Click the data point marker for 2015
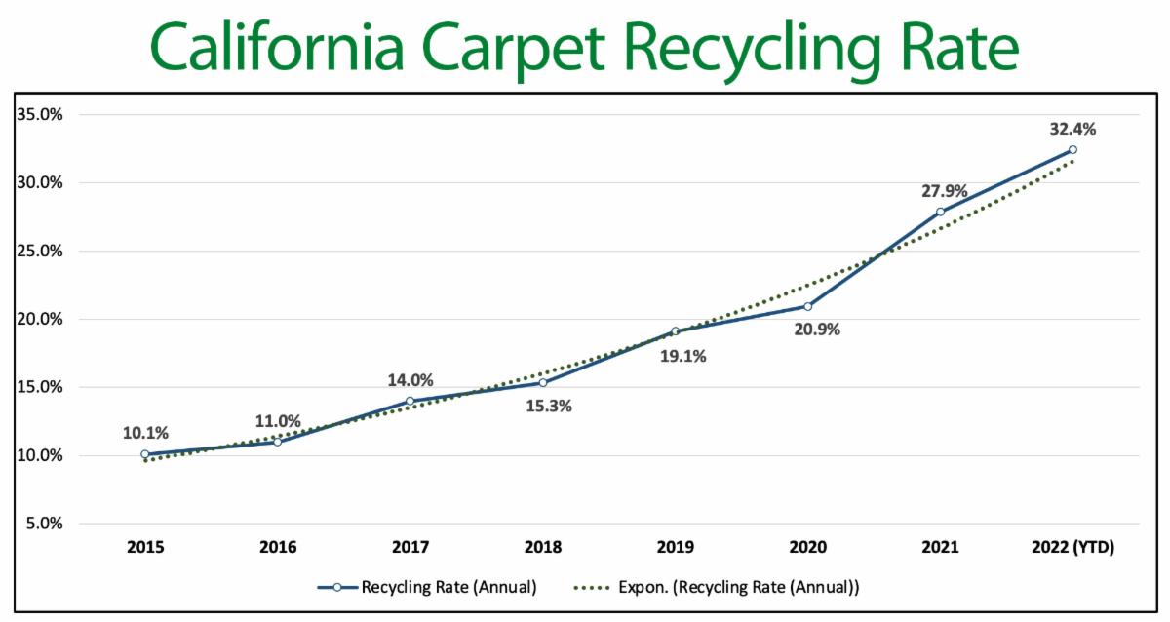pos(144,454)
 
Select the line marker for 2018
pos(542,383)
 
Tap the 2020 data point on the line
pos(808,306)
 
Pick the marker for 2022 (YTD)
pos(1072,149)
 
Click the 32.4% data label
pos(1072,128)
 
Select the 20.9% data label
pos(816,330)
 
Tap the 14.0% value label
pos(409,380)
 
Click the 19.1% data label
pos(682,356)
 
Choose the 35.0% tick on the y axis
pos(40,115)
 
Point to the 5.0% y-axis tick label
pos(44,524)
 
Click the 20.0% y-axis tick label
pos(40,319)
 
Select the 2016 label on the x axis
pos(277,549)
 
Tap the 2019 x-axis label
pos(675,549)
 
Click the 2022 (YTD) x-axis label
pos(1072,549)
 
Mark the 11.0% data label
pos(278,422)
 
